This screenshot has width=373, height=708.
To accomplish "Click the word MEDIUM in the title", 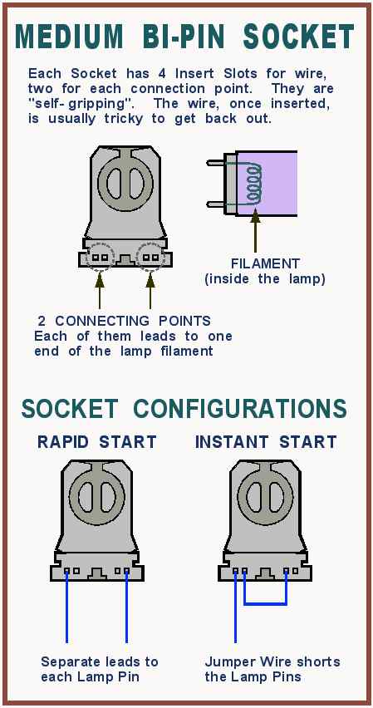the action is click(68, 36).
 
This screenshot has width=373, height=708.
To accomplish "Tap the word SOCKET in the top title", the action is click(298, 36).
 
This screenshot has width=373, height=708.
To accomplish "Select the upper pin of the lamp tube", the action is click(216, 162).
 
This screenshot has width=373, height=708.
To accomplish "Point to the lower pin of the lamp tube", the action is click(216, 204).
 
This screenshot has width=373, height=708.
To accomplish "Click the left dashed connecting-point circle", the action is click(99, 257).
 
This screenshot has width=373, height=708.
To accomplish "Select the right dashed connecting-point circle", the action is click(150, 257).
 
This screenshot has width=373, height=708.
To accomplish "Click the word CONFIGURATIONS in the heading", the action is click(241, 409).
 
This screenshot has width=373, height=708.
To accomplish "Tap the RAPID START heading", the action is click(96, 442).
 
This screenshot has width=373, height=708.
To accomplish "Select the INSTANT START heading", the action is click(266, 442).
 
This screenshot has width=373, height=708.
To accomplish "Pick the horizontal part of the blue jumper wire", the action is click(266, 603).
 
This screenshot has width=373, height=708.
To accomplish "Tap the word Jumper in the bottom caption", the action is click(230, 663).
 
